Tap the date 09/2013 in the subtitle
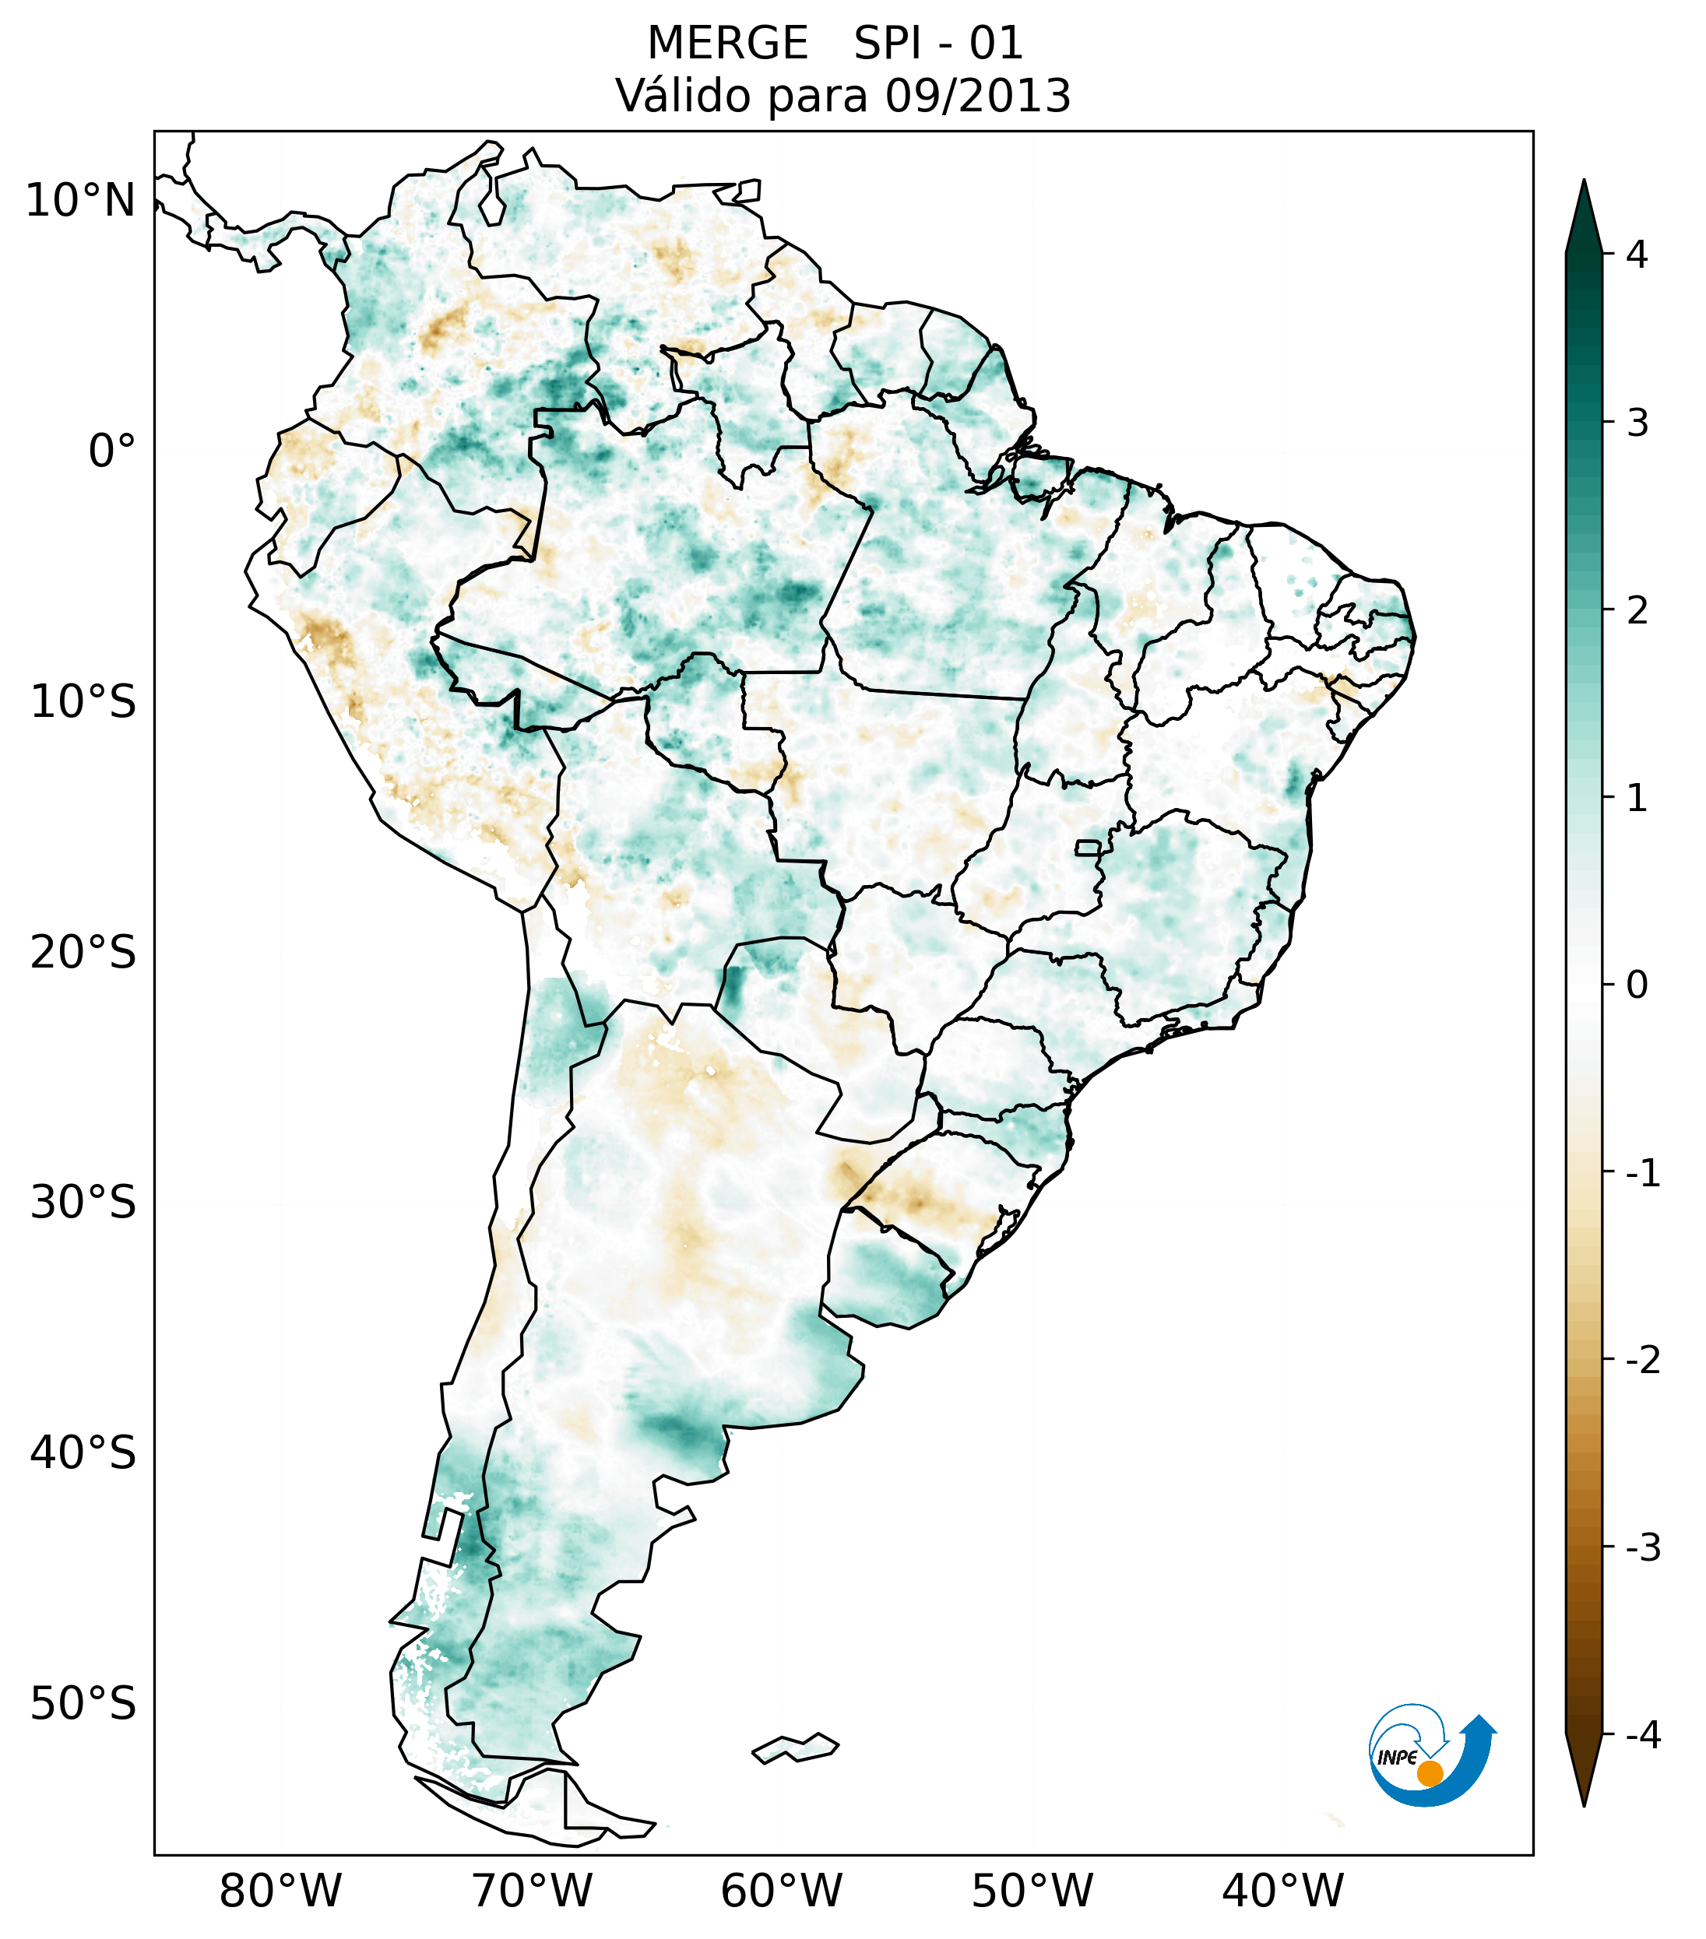977,96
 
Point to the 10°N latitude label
81,201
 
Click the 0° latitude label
112,451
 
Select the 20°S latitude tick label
83,953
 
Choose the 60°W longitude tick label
781,1891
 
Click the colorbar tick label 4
1637,255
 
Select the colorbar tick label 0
1637,985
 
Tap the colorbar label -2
1642,1361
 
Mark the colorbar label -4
1642,1735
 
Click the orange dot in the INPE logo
1429,1773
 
